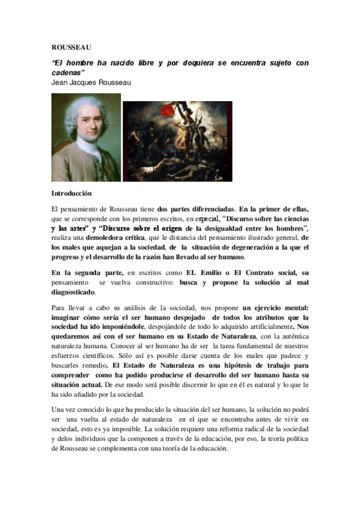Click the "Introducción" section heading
point(72,194)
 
